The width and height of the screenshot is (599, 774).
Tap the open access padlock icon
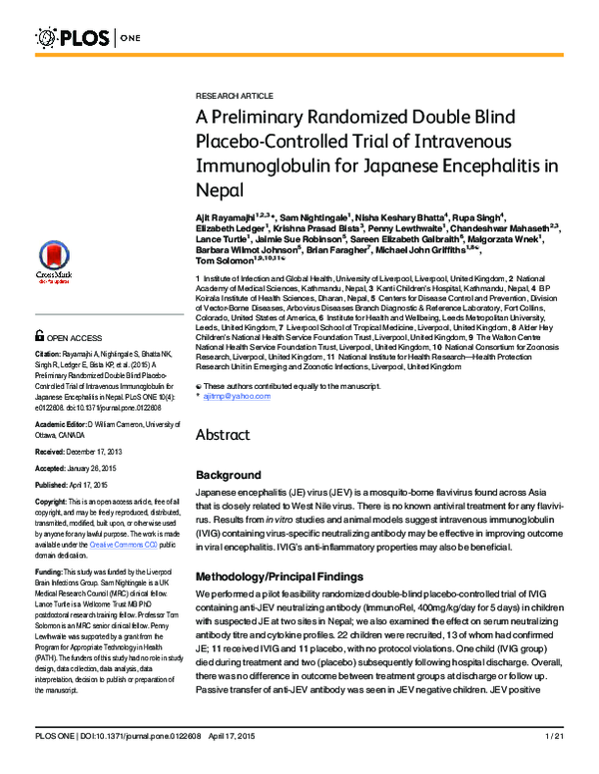[39, 366]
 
